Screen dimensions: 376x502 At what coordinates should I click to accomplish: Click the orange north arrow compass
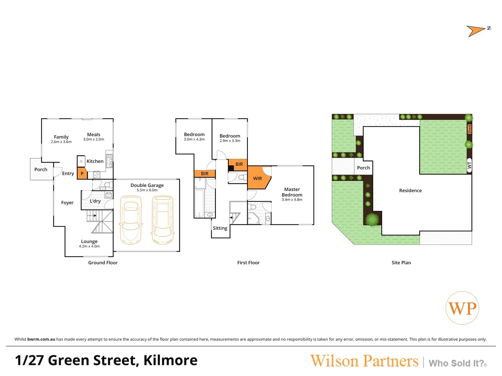(x=475, y=31)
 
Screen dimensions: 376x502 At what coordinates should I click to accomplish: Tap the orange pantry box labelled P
(x=82, y=173)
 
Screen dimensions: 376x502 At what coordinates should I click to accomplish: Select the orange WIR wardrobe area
(x=258, y=178)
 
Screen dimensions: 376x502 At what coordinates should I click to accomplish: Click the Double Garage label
(x=147, y=186)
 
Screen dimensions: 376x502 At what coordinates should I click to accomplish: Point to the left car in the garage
(x=131, y=220)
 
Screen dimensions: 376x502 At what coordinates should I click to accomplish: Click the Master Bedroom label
(x=292, y=192)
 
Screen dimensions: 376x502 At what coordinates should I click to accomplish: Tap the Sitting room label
(x=220, y=228)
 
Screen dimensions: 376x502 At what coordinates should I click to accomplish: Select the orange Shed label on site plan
(x=469, y=129)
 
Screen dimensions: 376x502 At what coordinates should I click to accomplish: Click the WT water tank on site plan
(x=469, y=165)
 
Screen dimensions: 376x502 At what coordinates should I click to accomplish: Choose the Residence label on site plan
(x=410, y=191)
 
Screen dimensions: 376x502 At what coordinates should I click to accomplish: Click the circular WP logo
(x=462, y=308)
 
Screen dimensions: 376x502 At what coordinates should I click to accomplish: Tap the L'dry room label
(x=95, y=201)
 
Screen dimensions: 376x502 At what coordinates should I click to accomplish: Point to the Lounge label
(x=89, y=242)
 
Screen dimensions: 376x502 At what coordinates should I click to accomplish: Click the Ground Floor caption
(x=103, y=263)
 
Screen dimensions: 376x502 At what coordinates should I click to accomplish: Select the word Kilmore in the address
(x=170, y=360)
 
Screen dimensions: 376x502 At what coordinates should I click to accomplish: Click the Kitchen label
(x=95, y=162)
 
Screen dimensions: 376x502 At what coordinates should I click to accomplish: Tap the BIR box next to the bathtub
(x=205, y=174)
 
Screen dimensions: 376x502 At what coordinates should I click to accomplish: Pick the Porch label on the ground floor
(x=41, y=170)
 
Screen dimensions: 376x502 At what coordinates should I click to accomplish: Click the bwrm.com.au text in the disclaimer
(x=41, y=339)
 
